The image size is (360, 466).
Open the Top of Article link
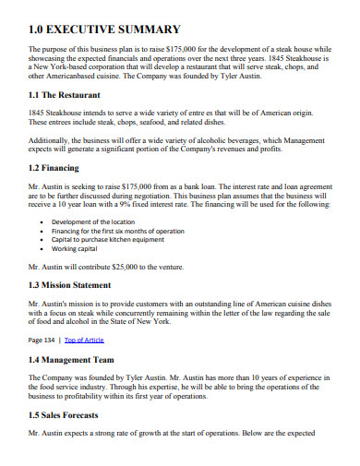click(84, 340)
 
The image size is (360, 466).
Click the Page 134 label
click(42, 340)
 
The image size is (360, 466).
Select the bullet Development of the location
click(93, 221)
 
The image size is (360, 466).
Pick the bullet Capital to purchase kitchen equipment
click(108, 240)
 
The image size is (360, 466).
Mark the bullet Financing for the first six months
click(111, 231)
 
